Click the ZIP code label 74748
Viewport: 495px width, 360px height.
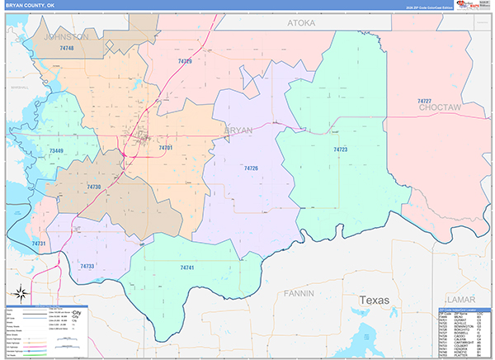[67, 49]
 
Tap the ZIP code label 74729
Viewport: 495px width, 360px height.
[185, 61]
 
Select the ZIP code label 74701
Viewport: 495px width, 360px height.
[165, 148]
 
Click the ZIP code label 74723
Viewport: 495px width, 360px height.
[340, 149]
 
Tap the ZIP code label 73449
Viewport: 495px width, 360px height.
[56, 151]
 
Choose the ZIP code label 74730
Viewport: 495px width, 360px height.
[93, 187]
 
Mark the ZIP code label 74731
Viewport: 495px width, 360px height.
[39, 244]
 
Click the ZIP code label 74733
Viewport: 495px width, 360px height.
[87, 266]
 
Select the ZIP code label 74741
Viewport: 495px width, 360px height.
[187, 268]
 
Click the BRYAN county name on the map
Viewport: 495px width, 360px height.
[238, 130]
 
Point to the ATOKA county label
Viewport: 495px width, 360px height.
[301, 24]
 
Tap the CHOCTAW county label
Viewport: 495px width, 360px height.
[439, 108]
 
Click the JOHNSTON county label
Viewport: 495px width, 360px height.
[67, 37]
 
